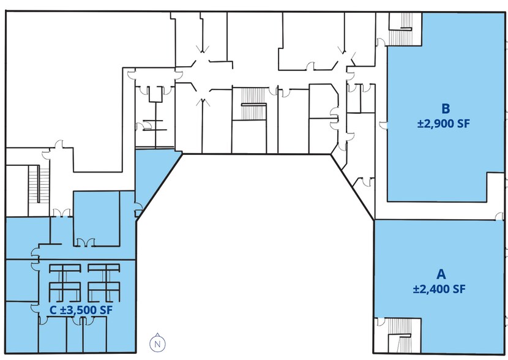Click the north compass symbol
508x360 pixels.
(157, 343)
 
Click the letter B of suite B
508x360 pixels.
(446, 109)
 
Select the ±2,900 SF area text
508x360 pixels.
(443, 124)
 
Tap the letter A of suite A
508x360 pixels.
(441, 274)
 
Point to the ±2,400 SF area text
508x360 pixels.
(439, 289)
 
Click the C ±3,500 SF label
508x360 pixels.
(81, 310)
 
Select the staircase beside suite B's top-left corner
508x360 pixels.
(405, 29)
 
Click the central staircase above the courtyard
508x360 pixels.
(253, 104)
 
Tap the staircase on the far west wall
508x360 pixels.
(39, 184)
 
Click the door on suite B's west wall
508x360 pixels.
(384, 125)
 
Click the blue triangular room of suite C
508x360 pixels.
(152, 175)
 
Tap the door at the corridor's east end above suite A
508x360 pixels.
(500, 216)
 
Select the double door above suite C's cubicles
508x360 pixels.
(84, 242)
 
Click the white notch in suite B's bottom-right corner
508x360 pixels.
(495, 187)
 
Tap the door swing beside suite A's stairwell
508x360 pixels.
(381, 321)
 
